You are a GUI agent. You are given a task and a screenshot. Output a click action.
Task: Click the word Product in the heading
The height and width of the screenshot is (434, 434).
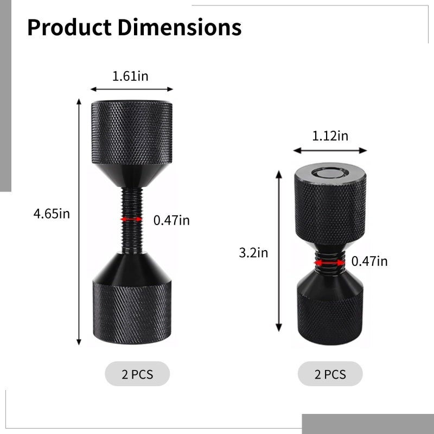click(69, 28)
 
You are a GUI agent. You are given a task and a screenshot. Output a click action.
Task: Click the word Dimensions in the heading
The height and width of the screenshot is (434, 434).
click(180, 28)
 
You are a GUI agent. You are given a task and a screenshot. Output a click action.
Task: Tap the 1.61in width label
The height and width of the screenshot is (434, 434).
click(130, 76)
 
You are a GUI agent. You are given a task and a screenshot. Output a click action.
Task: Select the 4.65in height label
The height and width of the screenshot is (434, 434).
click(52, 214)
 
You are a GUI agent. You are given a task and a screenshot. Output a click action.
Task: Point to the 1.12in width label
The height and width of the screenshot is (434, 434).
click(330, 136)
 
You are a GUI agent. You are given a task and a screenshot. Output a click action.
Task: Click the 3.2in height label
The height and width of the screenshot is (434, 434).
click(253, 253)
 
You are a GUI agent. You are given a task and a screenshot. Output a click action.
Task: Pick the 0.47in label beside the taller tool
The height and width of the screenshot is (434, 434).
click(171, 220)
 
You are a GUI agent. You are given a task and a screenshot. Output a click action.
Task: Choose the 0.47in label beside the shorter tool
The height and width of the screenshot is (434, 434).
click(369, 261)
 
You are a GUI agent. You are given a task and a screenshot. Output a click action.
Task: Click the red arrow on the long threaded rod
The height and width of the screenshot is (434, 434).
click(132, 219)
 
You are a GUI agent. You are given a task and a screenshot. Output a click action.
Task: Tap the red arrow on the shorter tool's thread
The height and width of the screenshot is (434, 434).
click(329, 263)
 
